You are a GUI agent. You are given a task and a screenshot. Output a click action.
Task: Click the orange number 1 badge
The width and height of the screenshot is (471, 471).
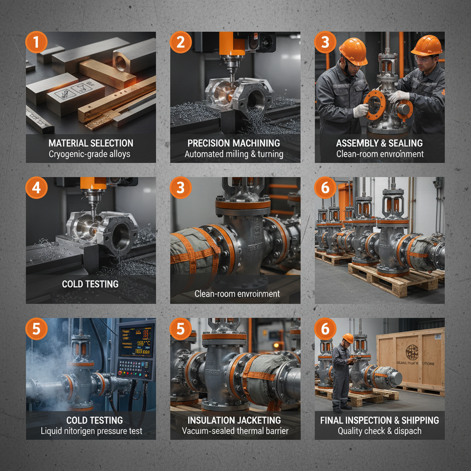click(36, 42)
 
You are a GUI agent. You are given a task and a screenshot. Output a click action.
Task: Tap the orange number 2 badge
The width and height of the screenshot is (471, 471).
click(180, 42)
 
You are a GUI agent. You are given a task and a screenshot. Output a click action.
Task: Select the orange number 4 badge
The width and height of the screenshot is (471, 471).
click(36, 188)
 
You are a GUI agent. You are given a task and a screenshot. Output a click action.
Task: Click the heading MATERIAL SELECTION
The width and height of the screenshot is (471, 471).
click(91, 143)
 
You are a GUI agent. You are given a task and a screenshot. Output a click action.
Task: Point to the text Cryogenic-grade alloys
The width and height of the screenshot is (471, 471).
click(91, 154)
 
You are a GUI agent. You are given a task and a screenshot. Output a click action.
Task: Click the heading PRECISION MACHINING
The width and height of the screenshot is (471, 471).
click(235, 143)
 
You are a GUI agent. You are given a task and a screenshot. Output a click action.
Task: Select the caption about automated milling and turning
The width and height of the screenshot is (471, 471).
click(235, 154)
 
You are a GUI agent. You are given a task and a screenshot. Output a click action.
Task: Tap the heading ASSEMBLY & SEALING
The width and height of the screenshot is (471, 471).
click(379, 143)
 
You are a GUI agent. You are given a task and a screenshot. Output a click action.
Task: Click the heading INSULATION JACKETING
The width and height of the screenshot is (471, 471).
click(235, 420)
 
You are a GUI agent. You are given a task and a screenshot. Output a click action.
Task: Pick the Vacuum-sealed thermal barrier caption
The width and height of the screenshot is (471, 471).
click(235, 431)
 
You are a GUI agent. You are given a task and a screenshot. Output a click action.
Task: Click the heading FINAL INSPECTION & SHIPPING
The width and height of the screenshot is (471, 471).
click(379, 420)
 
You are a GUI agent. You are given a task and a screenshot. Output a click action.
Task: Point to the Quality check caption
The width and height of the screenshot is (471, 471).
click(379, 431)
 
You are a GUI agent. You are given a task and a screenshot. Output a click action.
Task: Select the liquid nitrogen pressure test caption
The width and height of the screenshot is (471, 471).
click(91, 431)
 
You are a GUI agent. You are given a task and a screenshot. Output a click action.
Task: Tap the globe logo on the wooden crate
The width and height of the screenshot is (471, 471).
click(412, 352)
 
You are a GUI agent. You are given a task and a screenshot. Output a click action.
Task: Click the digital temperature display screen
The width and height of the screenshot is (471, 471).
click(136, 341)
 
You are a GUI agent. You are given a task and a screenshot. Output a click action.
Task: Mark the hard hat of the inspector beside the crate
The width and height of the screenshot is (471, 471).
click(348, 338)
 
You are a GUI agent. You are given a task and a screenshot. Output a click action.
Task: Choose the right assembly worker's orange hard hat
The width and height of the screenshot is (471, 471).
click(426, 46)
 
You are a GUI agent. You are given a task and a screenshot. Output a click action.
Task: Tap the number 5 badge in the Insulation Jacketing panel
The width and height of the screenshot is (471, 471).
click(180, 329)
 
